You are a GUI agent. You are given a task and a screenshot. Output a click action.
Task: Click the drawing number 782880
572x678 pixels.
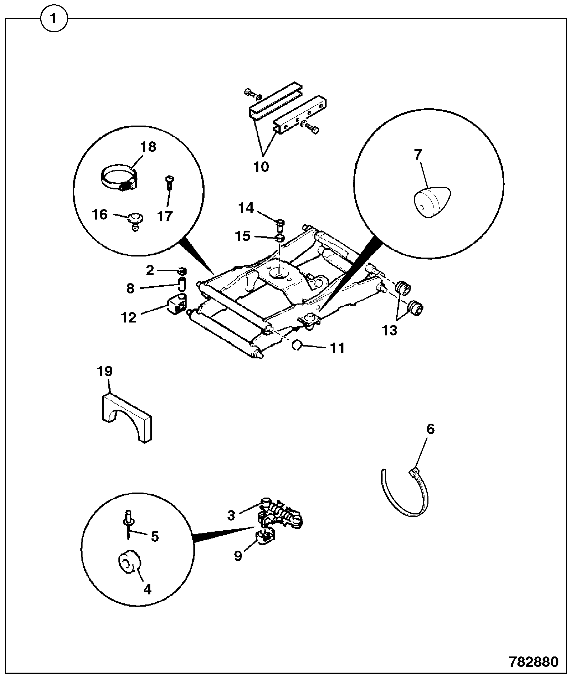pos(534,662)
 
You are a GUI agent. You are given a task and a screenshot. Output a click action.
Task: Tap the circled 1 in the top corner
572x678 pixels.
pos(54,19)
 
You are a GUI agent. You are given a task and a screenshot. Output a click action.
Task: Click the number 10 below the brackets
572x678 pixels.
pos(261,166)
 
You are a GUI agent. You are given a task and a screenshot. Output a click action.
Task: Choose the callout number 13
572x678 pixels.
pos(390,330)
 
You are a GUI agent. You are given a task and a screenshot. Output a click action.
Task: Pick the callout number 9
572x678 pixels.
pos(238,556)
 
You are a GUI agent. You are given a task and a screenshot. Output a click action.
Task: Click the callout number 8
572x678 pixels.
pos(130,288)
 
